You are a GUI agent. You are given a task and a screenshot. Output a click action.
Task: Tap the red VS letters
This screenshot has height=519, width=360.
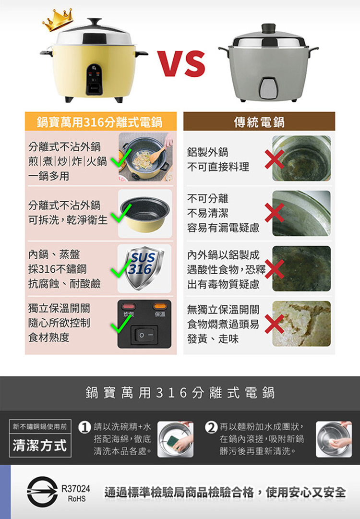tap(181, 63)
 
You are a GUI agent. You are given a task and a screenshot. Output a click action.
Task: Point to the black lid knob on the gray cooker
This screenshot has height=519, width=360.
tap(268, 28)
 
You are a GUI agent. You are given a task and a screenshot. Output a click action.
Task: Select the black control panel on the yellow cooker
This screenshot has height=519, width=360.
tap(94, 79)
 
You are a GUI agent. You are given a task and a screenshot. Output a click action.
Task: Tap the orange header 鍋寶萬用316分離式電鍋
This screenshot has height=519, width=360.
tap(101, 121)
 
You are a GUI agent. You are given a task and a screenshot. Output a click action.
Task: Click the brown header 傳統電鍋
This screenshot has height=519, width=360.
tap(259, 121)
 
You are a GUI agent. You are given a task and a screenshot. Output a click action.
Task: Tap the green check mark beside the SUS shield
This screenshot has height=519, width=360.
tap(121, 267)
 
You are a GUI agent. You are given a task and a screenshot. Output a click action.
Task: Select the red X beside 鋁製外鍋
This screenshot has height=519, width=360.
tap(274, 159)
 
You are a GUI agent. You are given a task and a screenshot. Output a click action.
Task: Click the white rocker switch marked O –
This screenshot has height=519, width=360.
tap(144, 335)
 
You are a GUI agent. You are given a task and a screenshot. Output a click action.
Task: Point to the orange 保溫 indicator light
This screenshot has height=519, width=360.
tap(160, 306)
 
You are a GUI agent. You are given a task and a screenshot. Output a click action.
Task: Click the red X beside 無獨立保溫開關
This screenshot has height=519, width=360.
tap(274, 324)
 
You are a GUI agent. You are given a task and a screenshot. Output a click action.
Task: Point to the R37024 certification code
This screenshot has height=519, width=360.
tap(76, 489)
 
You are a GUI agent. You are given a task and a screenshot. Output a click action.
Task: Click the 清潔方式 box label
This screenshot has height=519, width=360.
tap(40, 446)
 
